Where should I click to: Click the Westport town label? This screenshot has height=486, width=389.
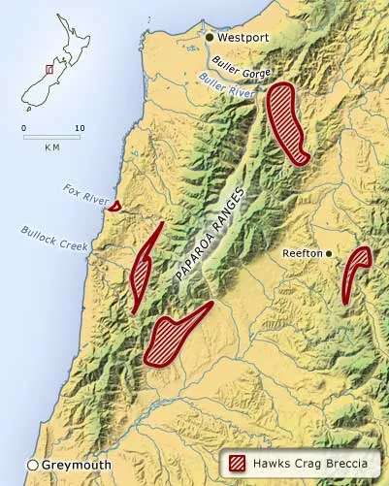(243, 38)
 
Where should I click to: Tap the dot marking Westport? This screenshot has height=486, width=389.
(209, 38)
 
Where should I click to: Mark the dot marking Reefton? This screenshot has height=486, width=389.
(329, 253)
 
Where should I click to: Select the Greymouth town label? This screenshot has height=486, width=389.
(73, 465)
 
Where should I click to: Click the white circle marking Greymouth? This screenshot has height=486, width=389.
(33, 465)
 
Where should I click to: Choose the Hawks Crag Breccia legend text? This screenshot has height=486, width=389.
(310, 462)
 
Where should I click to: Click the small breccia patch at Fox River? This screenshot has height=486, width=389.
(114, 205)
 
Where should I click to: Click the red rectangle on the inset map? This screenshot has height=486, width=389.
(49, 70)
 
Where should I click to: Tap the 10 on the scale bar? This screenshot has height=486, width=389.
(80, 128)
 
